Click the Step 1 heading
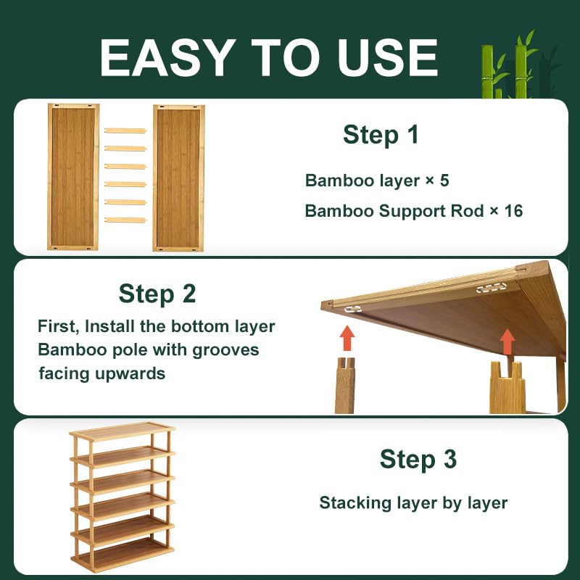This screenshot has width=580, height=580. [381, 135]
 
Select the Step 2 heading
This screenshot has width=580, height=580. [157, 294]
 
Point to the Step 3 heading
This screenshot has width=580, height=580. [418, 459]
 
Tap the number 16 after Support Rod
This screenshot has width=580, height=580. [513, 211]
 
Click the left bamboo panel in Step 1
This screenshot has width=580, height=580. [73, 177]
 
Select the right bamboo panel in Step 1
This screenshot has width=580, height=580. [178, 177]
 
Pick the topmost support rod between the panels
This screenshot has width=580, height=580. [125, 130]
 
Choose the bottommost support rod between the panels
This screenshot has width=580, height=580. [125, 220]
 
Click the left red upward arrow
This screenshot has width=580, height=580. [347, 338]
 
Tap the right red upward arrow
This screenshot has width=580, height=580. [507, 341]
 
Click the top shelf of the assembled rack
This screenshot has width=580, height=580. [122, 431]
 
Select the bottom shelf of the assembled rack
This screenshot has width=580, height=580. [122, 555]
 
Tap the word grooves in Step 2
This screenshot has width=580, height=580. [225, 350]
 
